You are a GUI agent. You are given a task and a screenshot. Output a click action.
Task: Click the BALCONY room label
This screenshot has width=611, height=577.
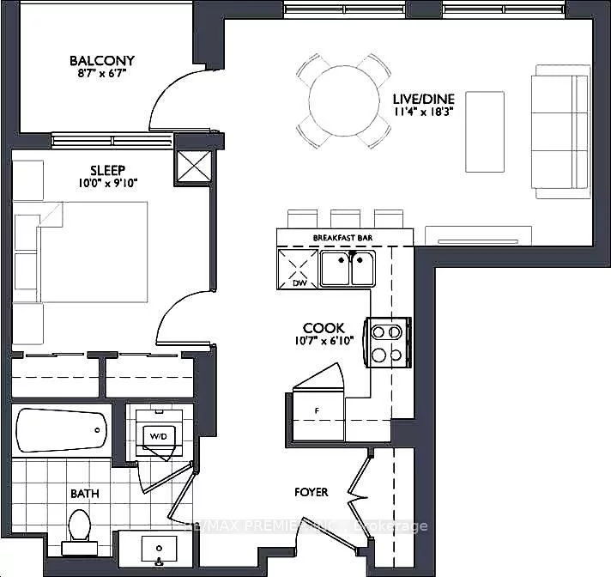coord(102,61)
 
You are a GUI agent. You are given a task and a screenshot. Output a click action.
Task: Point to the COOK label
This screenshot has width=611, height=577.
coord(324,327)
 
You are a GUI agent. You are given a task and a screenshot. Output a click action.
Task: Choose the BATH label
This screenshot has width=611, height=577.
coord(84,494)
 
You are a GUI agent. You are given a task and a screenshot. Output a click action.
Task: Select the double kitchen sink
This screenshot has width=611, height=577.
coord(348,268)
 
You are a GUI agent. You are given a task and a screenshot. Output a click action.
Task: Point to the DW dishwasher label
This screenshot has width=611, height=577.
coord(299,282)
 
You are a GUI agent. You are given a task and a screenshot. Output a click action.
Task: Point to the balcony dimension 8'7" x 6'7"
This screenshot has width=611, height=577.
coord(102,75)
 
